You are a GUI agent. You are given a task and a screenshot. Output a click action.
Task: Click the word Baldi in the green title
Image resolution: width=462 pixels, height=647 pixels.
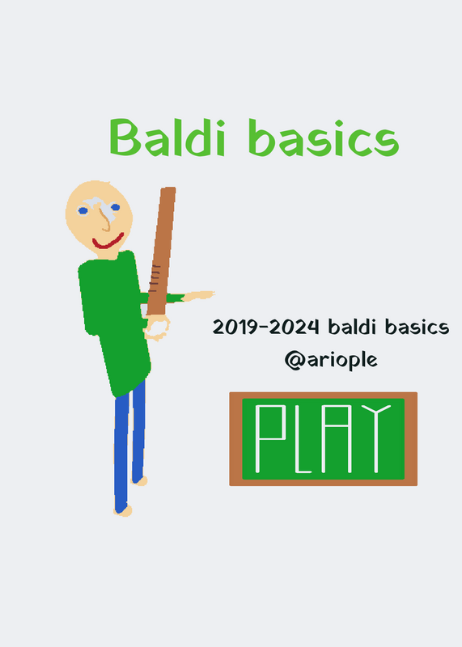tap(167, 137)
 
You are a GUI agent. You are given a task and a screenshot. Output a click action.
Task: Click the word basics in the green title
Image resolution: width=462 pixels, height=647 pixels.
tap(324, 137)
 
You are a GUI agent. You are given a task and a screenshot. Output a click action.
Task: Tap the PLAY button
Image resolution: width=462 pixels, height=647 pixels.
tap(324, 438)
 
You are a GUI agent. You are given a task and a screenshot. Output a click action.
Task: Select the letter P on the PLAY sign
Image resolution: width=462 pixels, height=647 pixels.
tap(270, 438)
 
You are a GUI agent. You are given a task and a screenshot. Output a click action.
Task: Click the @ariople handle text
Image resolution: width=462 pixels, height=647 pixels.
tap(331, 360)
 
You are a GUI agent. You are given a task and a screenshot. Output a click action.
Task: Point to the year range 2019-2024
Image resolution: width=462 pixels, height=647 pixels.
tap(266, 328)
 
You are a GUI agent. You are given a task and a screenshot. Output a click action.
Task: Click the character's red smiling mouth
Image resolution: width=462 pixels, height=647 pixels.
tap(108, 242)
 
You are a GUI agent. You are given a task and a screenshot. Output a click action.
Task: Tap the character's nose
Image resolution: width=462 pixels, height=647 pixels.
tap(106, 218)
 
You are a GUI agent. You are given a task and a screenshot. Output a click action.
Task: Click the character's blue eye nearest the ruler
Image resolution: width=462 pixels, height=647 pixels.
tap(115, 208)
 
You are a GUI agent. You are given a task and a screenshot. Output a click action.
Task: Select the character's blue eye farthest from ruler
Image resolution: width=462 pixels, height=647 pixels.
tap(83, 211)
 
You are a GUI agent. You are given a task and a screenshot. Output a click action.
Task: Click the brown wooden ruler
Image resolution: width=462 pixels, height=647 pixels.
tap(162, 251)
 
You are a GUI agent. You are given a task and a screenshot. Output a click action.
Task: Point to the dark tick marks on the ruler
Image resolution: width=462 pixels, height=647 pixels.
tap(155, 278)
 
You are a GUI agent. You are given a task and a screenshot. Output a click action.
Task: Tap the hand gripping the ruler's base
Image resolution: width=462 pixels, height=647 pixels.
tap(157, 328)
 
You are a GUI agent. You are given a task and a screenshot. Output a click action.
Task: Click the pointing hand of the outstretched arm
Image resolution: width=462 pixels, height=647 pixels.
tap(198, 295)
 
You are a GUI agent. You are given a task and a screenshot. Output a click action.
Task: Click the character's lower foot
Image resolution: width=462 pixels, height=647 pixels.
tap(123, 511)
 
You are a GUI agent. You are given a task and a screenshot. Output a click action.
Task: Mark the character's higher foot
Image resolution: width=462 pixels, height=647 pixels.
tap(139, 480)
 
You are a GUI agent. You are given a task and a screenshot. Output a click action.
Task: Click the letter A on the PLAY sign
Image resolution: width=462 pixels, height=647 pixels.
tap(337, 438)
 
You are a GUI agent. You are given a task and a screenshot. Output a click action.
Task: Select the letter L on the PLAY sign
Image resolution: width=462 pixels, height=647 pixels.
tap(303, 438)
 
